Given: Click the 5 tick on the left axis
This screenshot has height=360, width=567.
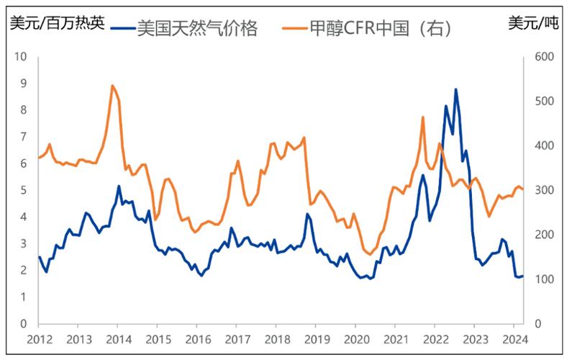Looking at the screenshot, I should click(24, 191).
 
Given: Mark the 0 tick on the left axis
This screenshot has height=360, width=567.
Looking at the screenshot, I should click(24, 324).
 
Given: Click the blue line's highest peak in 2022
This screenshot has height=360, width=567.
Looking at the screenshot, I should click(455, 89).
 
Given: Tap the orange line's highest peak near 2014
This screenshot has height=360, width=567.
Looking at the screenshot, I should click(112, 86).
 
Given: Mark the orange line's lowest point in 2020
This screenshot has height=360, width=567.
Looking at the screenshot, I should click(369, 255).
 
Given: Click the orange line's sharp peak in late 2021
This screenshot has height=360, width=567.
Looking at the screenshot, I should click(423, 117).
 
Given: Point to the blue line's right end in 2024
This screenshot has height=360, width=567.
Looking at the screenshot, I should click(522, 276).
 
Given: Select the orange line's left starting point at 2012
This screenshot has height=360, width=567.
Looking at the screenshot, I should click(39, 158).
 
